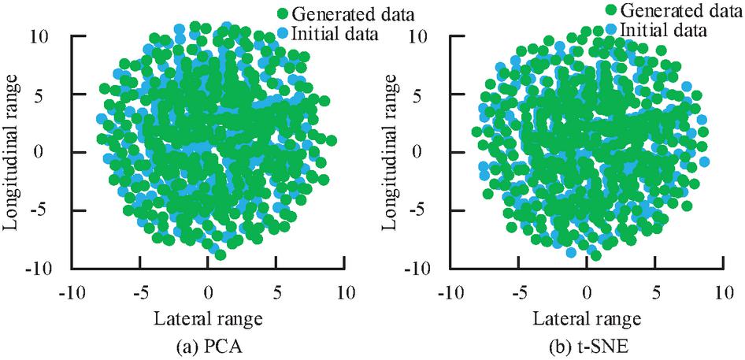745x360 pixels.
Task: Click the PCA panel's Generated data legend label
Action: pos(352,14)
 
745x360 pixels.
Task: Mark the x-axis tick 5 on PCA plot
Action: pos(277,293)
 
